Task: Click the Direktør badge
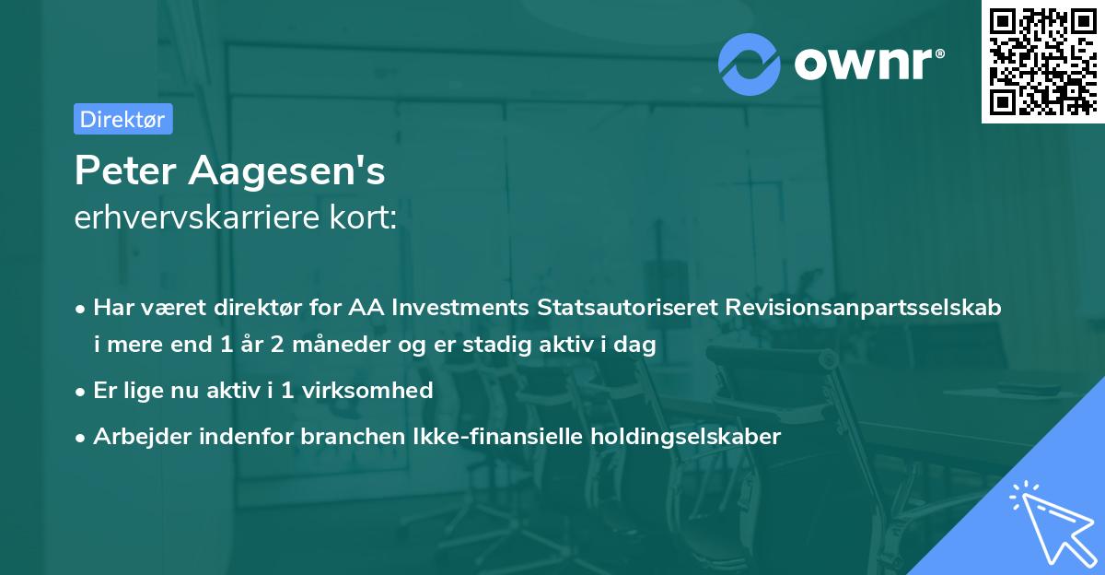pyautogui.click(x=122, y=119)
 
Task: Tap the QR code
pyautogui.click(x=1042, y=62)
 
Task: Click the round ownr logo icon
pyautogui.click(x=750, y=62)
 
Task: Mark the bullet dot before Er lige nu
pyautogui.click(x=82, y=391)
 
